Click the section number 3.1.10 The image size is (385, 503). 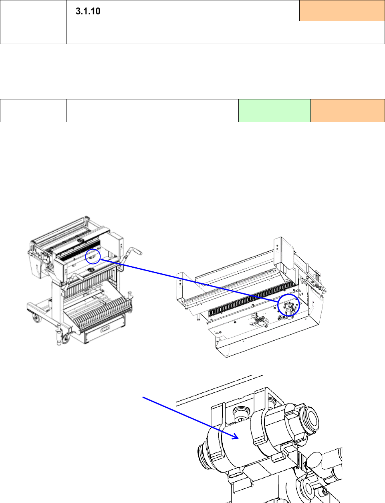pyautogui.click(x=88, y=11)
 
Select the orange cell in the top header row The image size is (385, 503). pyautogui.click(x=342, y=11)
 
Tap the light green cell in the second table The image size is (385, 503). pyautogui.click(x=274, y=111)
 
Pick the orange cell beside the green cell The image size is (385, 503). pyautogui.click(x=347, y=111)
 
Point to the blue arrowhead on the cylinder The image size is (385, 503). pyautogui.click(x=236, y=436)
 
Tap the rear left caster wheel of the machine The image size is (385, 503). pyautogui.click(x=36, y=319)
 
